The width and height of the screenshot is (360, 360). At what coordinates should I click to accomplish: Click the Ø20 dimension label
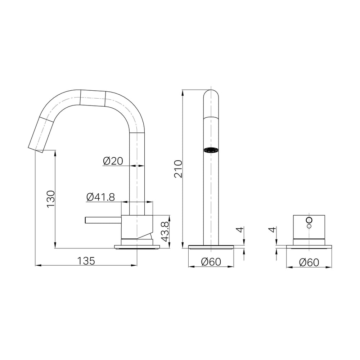(113, 161)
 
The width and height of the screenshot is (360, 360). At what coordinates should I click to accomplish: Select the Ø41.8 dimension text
(100, 197)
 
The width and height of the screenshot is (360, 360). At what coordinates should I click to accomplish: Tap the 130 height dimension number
(51, 199)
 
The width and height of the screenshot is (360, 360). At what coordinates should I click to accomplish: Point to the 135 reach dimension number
(86, 261)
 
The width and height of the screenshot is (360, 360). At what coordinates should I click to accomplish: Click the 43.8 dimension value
(165, 231)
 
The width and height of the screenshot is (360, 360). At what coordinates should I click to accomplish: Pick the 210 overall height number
(178, 169)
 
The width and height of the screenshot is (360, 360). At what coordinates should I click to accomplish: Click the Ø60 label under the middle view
(211, 262)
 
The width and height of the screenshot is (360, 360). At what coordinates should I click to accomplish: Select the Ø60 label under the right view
(309, 262)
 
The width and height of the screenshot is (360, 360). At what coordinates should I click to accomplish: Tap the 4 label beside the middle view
(240, 230)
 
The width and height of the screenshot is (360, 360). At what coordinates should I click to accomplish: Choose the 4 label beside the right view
(273, 230)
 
